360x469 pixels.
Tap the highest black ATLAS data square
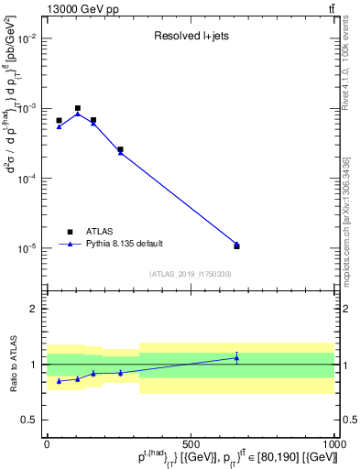[x=78, y=108]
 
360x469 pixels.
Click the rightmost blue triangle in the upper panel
[x=236, y=245]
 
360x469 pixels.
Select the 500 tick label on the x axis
[x=191, y=443]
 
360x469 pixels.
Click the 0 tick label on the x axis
[x=46, y=443]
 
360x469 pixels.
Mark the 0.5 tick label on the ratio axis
[x=28, y=420]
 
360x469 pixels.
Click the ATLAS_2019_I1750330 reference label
[x=190, y=274]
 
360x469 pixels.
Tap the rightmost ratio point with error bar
[x=236, y=357]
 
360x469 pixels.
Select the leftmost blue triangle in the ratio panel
[x=59, y=381]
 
